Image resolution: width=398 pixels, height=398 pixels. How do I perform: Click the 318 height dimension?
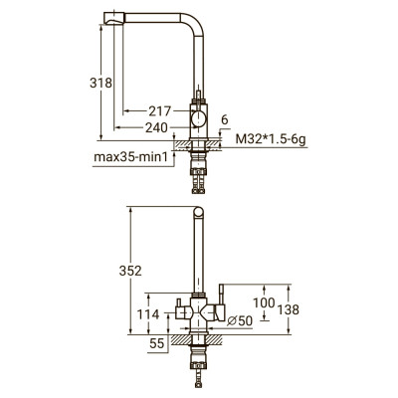pyautogui.click(x=100, y=83)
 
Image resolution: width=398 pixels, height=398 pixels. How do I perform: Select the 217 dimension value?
pyautogui.click(x=159, y=111)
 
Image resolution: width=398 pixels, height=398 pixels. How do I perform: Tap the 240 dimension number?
pyautogui.click(x=156, y=127)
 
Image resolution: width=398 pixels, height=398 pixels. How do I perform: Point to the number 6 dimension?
pyautogui.click(x=225, y=119)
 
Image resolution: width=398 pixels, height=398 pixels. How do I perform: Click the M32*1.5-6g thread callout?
pyautogui.click(x=271, y=139)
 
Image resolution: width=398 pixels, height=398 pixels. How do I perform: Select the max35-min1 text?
pyautogui.click(x=131, y=156)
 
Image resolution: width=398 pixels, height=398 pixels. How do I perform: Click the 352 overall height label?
pyautogui.click(x=130, y=271)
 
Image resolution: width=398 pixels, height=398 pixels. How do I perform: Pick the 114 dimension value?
pyautogui.click(x=148, y=314)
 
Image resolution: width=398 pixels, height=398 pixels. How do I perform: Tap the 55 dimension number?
pyautogui.click(x=157, y=343)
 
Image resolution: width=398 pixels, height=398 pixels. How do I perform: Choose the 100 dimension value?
pyautogui.click(x=264, y=302)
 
